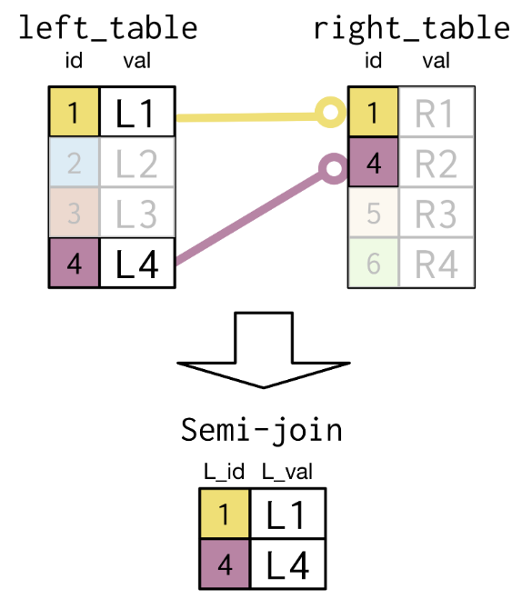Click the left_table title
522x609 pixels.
tap(108, 28)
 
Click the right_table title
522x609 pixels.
tap(412, 28)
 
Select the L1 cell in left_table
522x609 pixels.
tap(137, 112)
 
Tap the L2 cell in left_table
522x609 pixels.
tap(137, 163)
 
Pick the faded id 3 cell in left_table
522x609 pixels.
tap(74, 213)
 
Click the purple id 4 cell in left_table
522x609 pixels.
tap(74, 263)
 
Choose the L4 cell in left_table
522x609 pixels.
tap(137, 263)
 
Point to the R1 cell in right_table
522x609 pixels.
tap(437, 112)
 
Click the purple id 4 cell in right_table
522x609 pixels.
tap(374, 163)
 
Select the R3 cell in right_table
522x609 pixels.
tap(437, 213)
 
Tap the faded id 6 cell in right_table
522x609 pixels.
tap(374, 263)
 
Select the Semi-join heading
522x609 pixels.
tap(262, 430)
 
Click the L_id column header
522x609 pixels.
tap(225, 472)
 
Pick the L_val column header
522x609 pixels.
tap(287, 472)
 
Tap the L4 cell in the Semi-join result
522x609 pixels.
tap(288, 564)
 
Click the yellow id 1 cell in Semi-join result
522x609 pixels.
tap(225, 514)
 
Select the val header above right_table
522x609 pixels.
tap(437, 61)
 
